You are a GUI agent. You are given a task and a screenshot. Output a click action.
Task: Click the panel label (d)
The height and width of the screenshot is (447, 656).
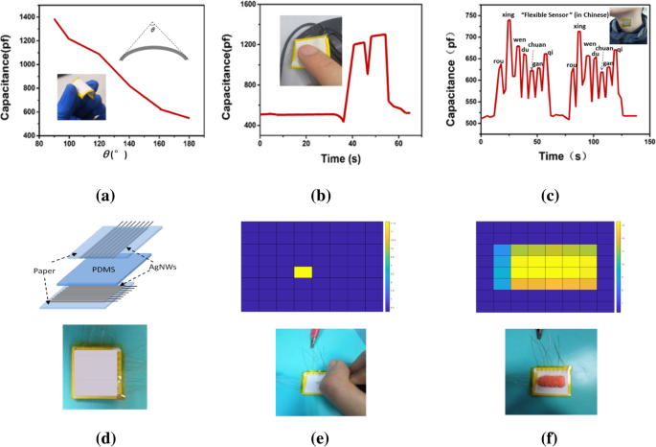[x=104, y=438]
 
